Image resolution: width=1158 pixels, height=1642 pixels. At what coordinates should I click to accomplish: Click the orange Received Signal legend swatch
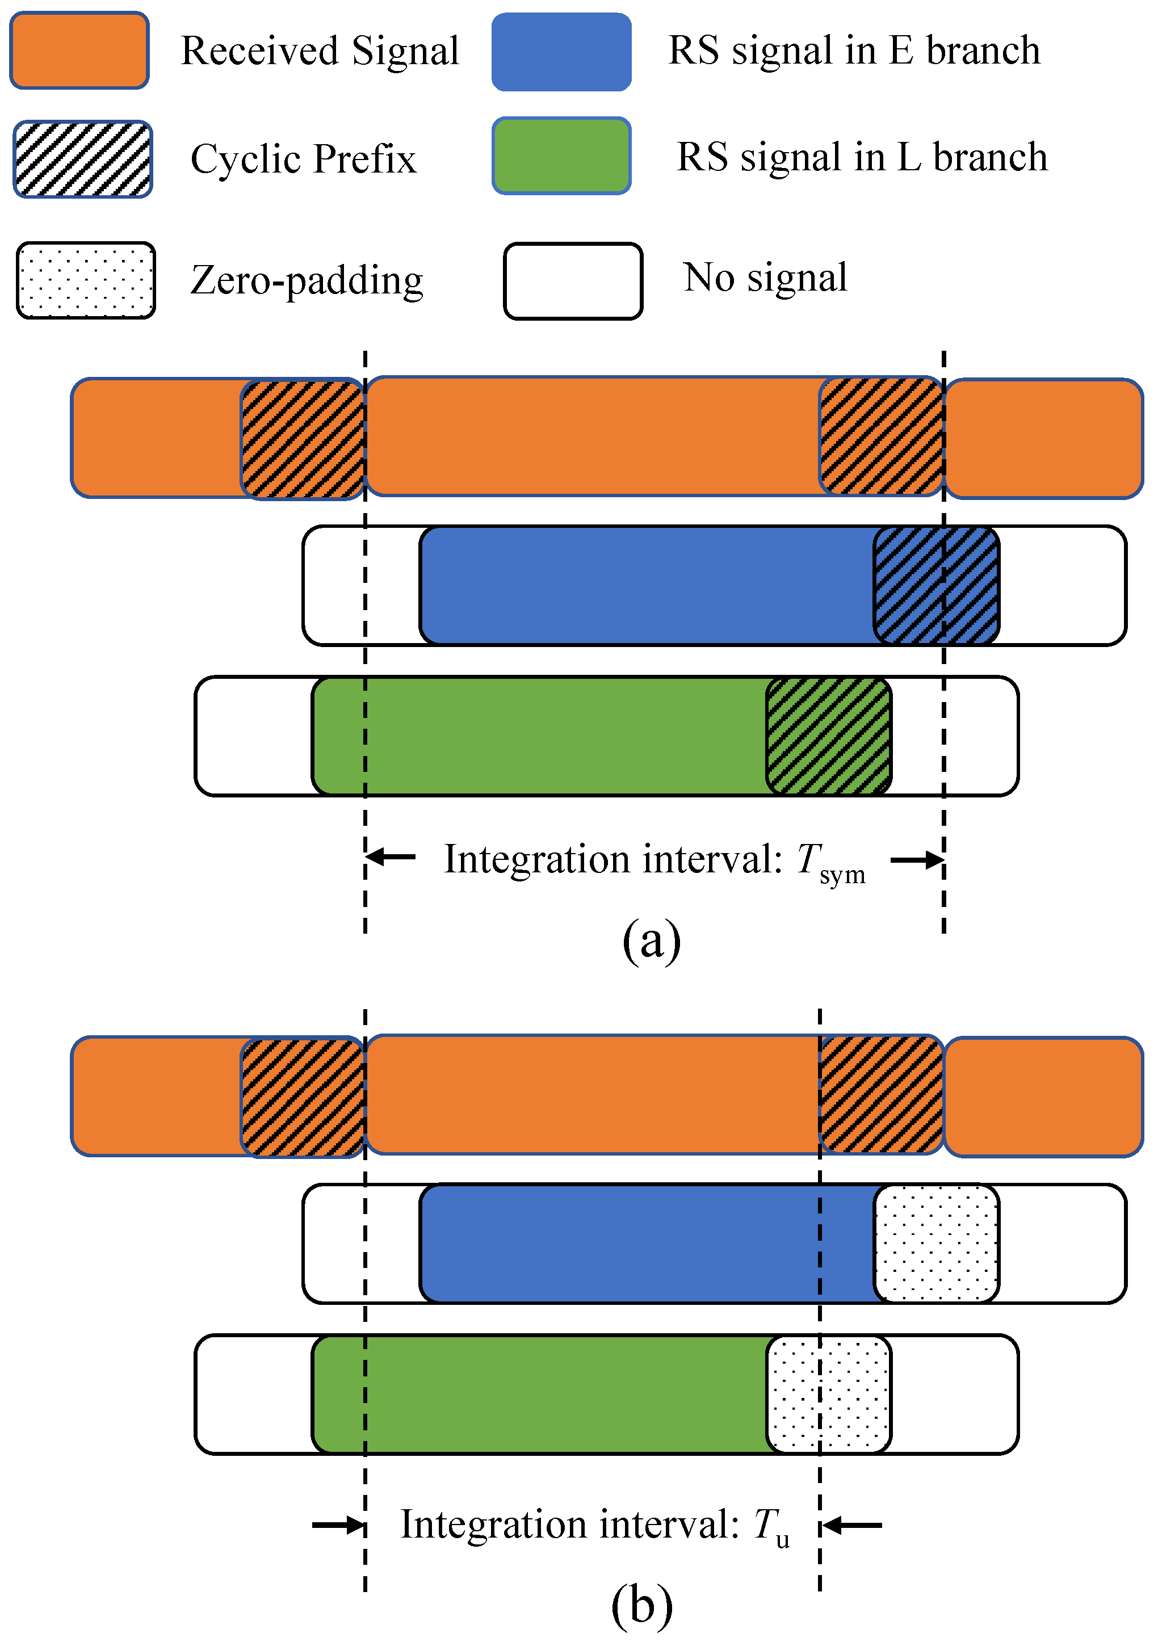[79, 50]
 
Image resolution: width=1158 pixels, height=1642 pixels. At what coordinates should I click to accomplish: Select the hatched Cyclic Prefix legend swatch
[83, 159]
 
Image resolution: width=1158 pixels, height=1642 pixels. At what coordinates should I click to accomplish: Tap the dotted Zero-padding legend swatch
[86, 280]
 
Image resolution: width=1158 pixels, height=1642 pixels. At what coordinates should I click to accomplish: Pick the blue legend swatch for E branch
[561, 52]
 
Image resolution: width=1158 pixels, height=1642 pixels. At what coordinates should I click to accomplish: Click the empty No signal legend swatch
[573, 281]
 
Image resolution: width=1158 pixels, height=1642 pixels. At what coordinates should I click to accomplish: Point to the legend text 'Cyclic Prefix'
[303, 159]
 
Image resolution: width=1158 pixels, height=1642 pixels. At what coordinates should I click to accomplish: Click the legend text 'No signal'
[765, 278]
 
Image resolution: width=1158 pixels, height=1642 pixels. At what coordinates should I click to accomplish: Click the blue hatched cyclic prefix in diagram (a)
[935, 586]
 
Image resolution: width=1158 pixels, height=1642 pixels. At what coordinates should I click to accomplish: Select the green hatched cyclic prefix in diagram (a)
[828, 736]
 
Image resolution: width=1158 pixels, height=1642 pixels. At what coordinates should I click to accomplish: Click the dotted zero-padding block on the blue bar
[935, 1244]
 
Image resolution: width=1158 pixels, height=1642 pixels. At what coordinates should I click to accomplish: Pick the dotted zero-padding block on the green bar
[828, 1394]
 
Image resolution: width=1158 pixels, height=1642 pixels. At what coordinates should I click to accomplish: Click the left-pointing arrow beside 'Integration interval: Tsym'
[391, 857]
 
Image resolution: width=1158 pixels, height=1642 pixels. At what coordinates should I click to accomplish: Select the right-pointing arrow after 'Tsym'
[917, 860]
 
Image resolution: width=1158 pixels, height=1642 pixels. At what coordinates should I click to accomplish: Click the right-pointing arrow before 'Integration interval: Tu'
[339, 1526]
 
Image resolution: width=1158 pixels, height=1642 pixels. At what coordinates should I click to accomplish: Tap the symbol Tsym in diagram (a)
[830, 862]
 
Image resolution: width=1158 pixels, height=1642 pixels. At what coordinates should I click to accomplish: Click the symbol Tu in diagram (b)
[771, 1527]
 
